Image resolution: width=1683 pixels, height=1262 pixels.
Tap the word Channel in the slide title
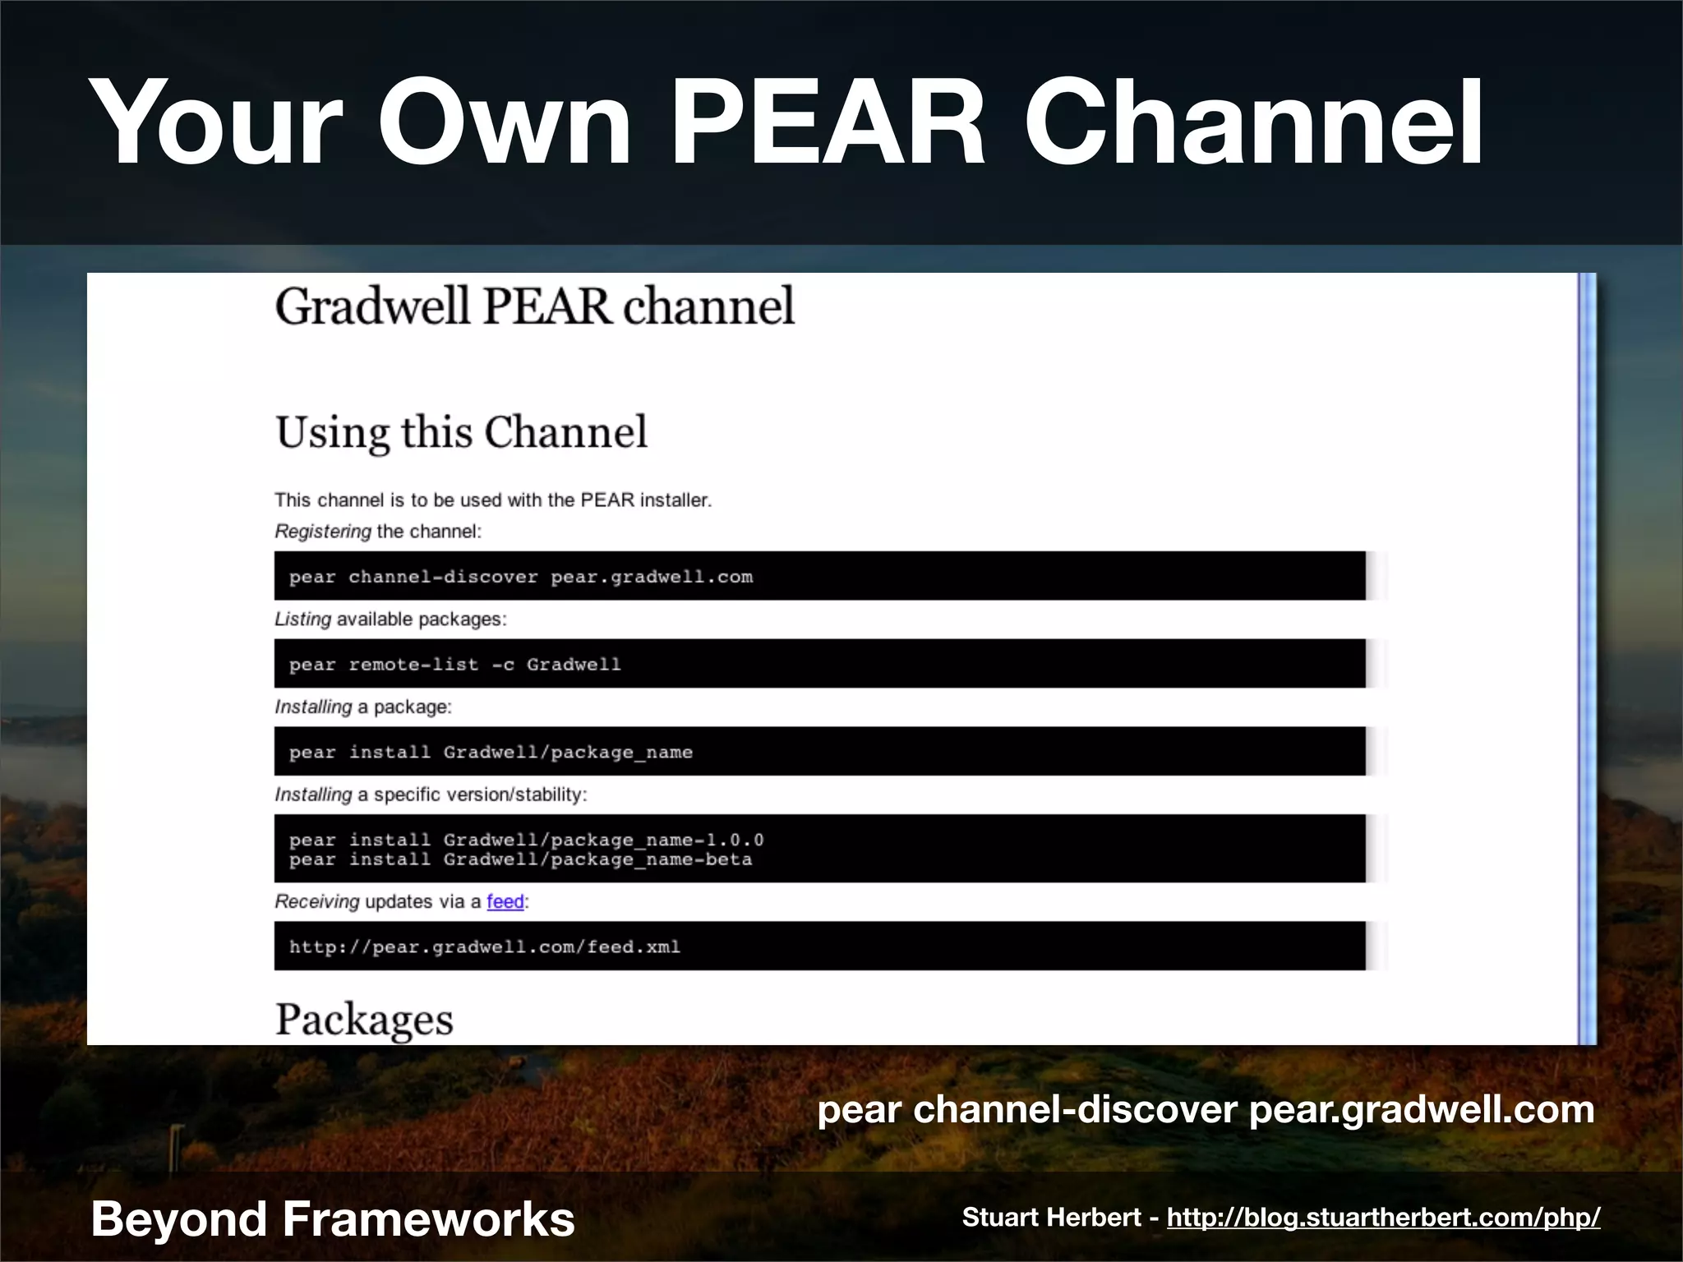click(x=1252, y=123)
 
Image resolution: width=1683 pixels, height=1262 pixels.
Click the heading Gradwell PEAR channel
click(x=534, y=306)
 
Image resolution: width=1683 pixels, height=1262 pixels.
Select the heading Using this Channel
click(x=461, y=432)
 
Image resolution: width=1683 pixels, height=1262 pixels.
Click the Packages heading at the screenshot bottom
click(x=364, y=1020)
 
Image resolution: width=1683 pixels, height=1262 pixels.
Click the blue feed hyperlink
click(x=505, y=901)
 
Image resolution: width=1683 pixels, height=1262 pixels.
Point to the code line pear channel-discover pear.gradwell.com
click(x=520, y=577)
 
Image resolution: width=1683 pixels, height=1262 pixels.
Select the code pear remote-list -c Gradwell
click(x=454, y=665)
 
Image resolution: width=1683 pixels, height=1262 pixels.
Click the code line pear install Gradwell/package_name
click(x=491, y=753)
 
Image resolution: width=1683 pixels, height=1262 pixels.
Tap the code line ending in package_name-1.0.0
click(x=526, y=840)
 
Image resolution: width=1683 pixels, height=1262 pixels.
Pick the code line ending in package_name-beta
click(x=520, y=860)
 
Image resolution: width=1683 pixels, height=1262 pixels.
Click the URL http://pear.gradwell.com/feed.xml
click(x=484, y=947)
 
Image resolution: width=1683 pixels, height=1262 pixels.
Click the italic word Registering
click(x=322, y=532)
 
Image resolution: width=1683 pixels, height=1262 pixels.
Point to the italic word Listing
click(x=302, y=619)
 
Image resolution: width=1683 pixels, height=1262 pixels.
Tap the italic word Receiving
click(x=316, y=901)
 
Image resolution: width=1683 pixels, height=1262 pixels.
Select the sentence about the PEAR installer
click(x=493, y=500)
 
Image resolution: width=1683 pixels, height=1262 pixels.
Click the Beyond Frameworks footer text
click(x=332, y=1218)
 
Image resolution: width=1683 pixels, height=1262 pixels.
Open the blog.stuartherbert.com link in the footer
click(x=1383, y=1218)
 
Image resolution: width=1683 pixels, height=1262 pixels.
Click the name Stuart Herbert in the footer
click(x=1051, y=1218)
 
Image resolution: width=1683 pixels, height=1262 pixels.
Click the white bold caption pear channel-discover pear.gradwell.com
click(x=1205, y=1110)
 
